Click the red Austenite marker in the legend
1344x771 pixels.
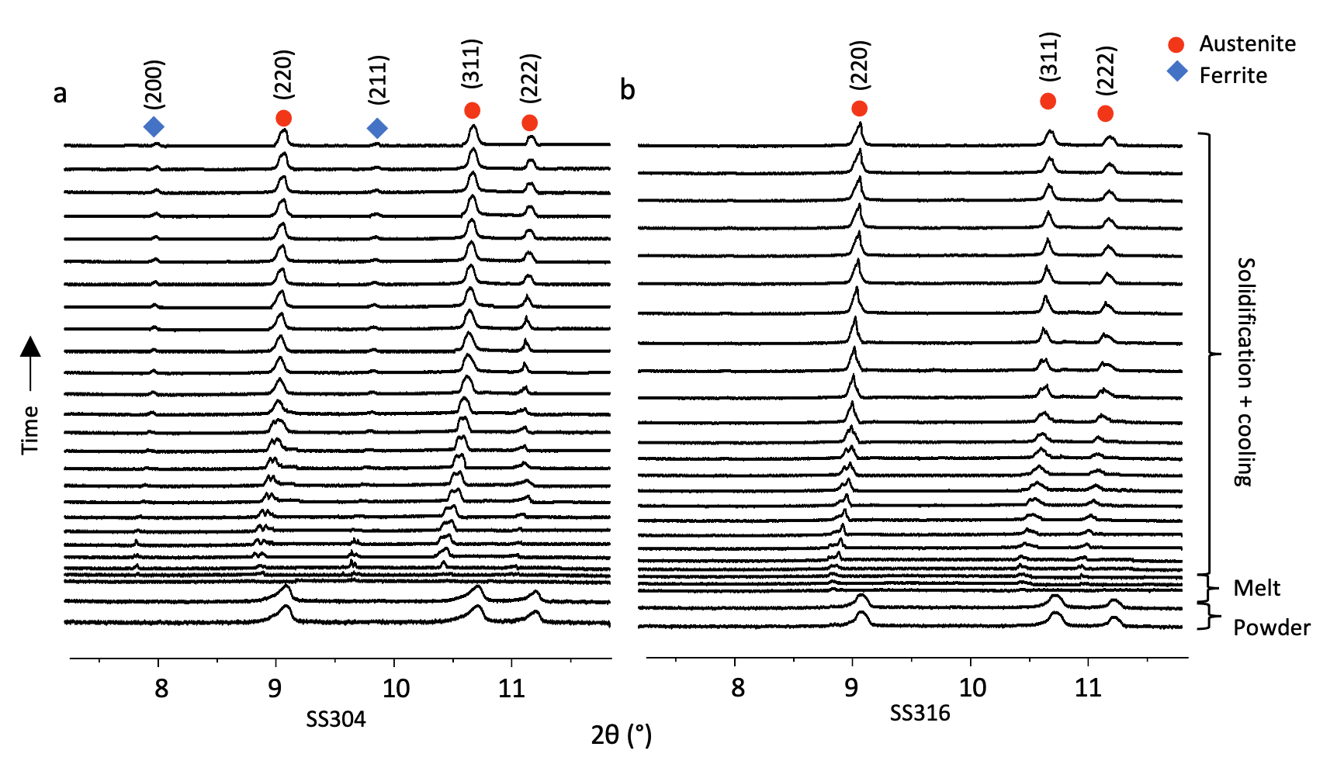1176,45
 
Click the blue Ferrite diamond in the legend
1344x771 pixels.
1177,73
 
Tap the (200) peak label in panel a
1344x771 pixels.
154,84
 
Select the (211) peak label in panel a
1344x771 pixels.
378,80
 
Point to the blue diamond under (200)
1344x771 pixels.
154,126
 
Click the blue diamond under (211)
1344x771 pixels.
377,128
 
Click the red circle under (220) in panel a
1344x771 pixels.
283,118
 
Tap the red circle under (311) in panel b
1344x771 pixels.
1048,101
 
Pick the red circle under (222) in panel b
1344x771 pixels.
1106,114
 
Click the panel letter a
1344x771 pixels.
60,94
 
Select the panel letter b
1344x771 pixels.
627,91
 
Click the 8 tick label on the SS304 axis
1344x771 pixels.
161,688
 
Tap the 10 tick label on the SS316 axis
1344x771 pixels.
973,687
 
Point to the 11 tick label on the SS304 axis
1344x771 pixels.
512,688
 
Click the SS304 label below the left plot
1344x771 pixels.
335,720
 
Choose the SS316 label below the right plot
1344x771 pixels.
920,713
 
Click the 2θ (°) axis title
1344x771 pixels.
621,735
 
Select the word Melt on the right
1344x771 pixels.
1256,588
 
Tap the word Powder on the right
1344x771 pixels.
1271,628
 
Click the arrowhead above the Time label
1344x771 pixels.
30,346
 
